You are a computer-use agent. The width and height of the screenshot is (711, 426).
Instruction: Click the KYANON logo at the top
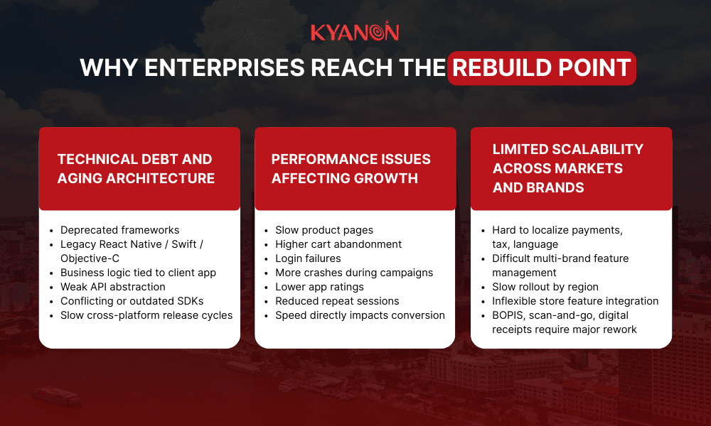coord(355,33)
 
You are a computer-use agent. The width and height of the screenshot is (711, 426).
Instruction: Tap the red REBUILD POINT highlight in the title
coord(542,68)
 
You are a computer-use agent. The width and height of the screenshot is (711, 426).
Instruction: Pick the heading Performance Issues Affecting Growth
coord(351,168)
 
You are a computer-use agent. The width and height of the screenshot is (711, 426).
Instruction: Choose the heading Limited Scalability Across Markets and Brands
coord(567,168)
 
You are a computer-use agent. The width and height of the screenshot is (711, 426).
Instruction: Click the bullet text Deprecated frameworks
coord(119,230)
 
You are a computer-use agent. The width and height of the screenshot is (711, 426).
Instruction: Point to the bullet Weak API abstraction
coord(112,287)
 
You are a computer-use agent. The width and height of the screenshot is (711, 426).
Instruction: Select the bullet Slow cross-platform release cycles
coord(146,315)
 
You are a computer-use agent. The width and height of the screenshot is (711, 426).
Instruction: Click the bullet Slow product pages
coord(324,230)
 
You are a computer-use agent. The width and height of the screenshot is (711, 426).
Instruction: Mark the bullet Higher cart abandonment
coord(338,244)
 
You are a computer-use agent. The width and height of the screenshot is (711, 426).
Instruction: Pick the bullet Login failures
coord(308,258)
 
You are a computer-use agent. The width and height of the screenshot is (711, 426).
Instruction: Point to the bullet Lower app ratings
coord(319,287)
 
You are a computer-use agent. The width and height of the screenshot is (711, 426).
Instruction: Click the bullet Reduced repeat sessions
coord(337,301)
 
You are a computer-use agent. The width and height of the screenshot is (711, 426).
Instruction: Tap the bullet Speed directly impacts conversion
coord(360,315)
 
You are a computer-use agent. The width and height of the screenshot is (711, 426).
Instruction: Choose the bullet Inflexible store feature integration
coord(575,301)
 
